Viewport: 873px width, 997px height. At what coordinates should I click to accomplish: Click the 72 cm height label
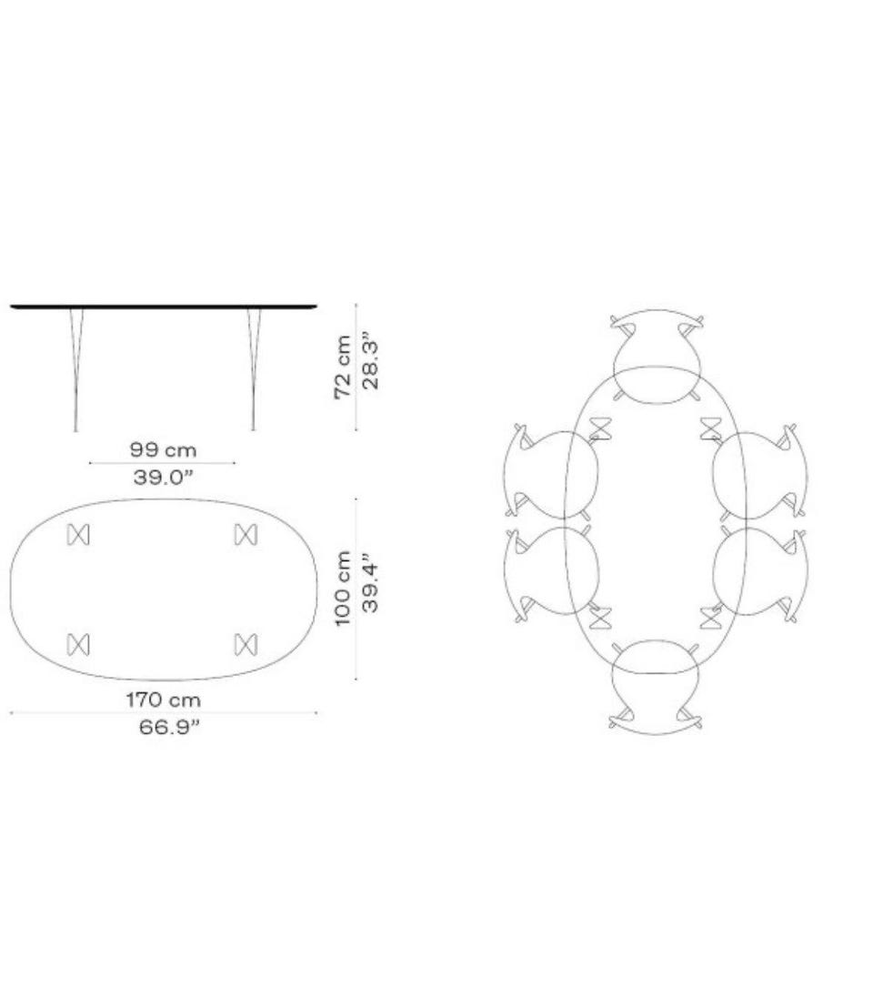click(343, 367)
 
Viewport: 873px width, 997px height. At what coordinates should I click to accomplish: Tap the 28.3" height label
click(370, 365)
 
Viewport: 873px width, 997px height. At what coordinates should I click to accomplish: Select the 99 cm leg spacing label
click(163, 449)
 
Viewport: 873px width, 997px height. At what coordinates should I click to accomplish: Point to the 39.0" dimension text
click(163, 477)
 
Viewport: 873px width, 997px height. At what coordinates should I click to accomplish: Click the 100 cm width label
click(343, 589)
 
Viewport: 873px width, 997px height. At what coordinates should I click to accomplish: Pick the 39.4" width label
click(370, 587)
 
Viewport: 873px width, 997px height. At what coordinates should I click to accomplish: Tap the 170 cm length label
click(164, 700)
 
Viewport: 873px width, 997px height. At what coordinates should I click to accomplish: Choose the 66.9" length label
click(169, 727)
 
